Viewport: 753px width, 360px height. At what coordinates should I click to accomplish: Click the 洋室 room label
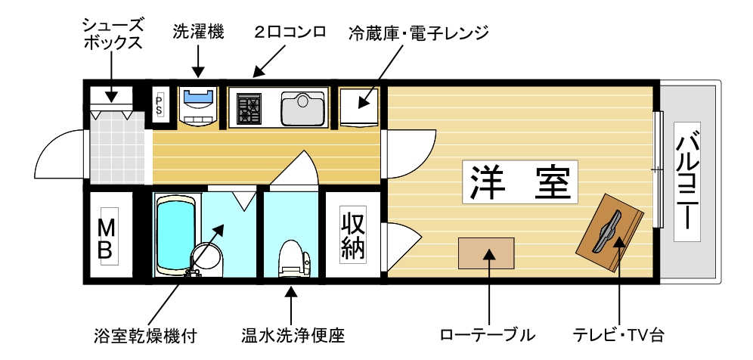click(520, 182)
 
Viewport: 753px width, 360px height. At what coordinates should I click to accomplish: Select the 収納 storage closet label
click(353, 237)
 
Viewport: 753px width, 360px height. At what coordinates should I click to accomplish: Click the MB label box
click(107, 238)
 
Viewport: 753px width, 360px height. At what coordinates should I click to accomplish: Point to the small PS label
click(160, 103)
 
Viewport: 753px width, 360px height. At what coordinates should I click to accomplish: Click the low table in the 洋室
click(486, 253)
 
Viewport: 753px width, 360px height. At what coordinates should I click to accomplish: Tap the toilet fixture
click(293, 257)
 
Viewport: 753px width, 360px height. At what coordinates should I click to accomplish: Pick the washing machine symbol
click(199, 106)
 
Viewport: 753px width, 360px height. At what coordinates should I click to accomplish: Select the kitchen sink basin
click(302, 108)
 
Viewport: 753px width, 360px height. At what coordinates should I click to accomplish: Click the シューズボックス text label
click(112, 33)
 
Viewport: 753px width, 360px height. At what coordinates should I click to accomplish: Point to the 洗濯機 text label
click(198, 32)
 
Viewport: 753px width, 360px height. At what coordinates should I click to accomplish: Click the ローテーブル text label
click(487, 334)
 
